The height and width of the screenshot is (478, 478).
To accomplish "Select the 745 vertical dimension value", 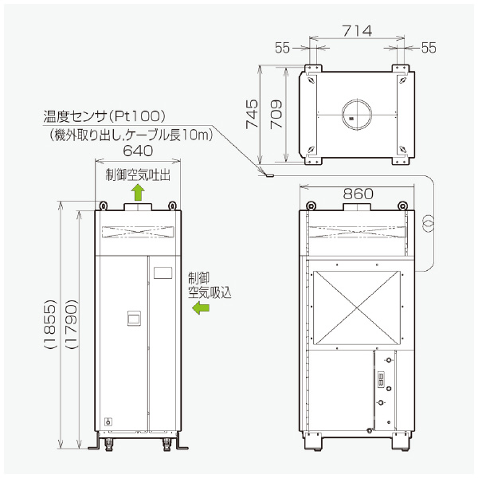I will [252, 115].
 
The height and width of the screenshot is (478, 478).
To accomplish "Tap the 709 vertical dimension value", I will [275, 115].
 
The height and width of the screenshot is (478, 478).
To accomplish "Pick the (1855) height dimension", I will [49, 326].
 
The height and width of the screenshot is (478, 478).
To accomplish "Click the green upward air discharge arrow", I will [138, 191].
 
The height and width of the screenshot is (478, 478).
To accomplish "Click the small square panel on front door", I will [135, 320].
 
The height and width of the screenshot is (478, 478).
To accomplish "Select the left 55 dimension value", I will [283, 48].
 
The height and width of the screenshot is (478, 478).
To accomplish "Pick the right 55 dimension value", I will [429, 48].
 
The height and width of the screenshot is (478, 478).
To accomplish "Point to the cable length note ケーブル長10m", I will [176, 135].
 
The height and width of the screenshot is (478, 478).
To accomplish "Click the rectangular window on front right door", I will [163, 272].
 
